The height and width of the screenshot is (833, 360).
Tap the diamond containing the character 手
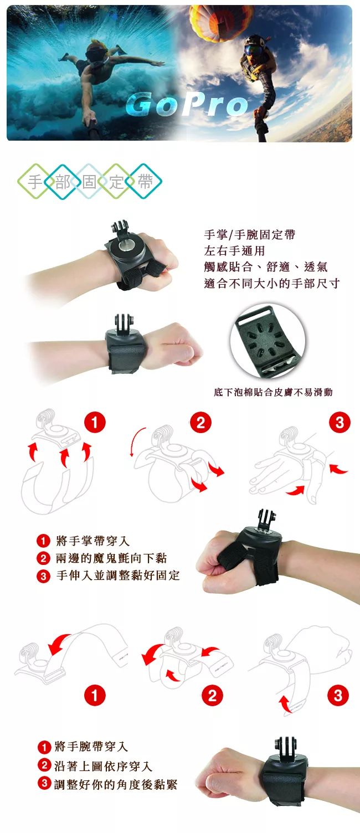[x=35, y=182]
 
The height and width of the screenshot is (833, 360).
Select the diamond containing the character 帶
[x=145, y=182]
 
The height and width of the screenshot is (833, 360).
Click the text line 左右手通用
[x=234, y=251]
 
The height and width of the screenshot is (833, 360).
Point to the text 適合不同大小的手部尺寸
[x=271, y=284]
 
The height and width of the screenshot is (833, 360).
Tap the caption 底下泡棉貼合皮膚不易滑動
[x=273, y=393]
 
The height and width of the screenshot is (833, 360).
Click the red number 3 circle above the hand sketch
[x=340, y=423]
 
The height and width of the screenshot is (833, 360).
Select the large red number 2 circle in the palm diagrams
[x=200, y=423]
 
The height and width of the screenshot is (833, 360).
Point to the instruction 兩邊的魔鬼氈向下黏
[x=111, y=558]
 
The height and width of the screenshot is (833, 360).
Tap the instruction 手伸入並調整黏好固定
[x=118, y=575]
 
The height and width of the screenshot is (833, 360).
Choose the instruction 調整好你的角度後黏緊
[x=116, y=784]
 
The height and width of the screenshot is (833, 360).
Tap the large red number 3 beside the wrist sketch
[x=338, y=695]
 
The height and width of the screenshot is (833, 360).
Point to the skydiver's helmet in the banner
[x=254, y=44]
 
